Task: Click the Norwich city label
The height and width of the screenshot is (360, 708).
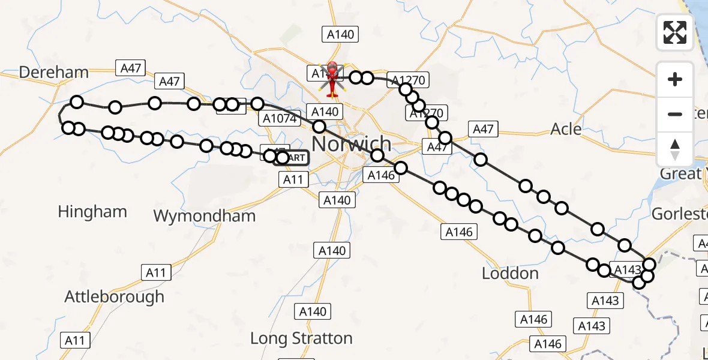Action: pyautogui.click(x=352, y=144)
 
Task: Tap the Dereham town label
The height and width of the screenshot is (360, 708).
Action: pyautogui.click(x=53, y=73)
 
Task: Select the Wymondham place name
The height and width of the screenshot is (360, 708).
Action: pyautogui.click(x=205, y=216)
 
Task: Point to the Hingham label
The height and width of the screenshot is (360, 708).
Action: pyautogui.click(x=92, y=212)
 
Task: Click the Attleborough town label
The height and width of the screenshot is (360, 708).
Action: pyautogui.click(x=114, y=296)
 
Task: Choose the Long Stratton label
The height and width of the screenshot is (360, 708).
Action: pyautogui.click(x=301, y=338)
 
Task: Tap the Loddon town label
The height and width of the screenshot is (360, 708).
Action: pyautogui.click(x=510, y=274)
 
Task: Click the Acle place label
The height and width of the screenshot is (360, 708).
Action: pyautogui.click(x=566, y=129)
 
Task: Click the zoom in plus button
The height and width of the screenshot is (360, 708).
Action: pyautogui.click(x=675, y=79)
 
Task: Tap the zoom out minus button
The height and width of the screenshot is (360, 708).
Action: pyautogui.click(x=675, y=114)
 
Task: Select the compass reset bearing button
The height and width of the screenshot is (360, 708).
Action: pyautogui.click(x=675, y=149)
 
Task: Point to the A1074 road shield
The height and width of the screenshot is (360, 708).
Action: pyautogui.click(x=280, y=119)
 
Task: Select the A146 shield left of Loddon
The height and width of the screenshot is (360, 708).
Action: pyautogui.click(x=460, y=232)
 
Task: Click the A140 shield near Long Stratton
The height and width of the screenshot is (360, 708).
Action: pyautogui.click(x=313, y=311)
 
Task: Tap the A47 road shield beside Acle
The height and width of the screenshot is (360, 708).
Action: pyautogui.click(x=483, y=128)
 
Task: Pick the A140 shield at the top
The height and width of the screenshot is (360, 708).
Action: pyautogui.click(x=340, y=34)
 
